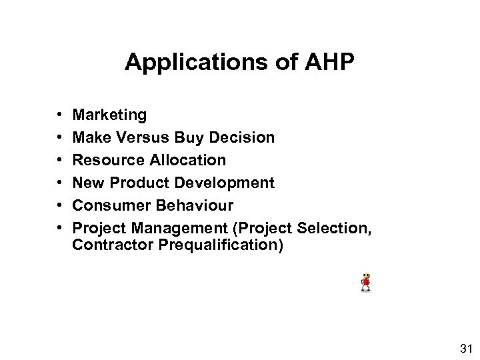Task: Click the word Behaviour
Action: pyautogui.click(x=191, y=204)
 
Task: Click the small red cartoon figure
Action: pyautogui.click(x=365, y=281)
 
